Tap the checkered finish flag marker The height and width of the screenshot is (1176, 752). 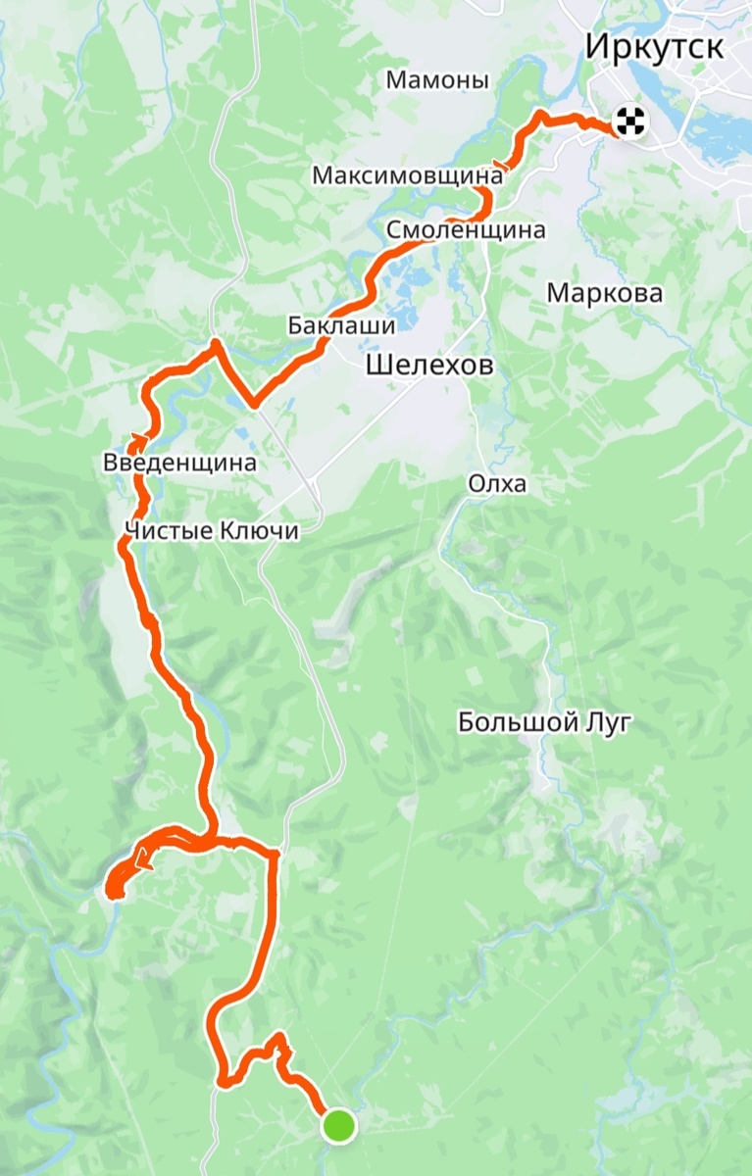pos(629,122)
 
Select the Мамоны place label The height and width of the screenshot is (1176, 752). pos(437,80)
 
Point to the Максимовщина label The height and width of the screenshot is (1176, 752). pos(408,176)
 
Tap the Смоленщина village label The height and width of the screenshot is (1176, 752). pos(466,230)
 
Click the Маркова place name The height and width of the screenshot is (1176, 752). pos(605,293)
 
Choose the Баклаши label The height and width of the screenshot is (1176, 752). pos(341,324)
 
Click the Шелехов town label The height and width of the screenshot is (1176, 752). pos(428,367)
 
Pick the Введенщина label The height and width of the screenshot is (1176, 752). pos(179,463)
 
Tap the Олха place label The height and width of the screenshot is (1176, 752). pos(497,484)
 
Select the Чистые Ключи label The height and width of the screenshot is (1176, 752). pos(212,530)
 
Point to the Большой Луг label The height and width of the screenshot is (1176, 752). pos(544,723)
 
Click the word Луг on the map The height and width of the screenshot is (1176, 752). pos(608,723)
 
